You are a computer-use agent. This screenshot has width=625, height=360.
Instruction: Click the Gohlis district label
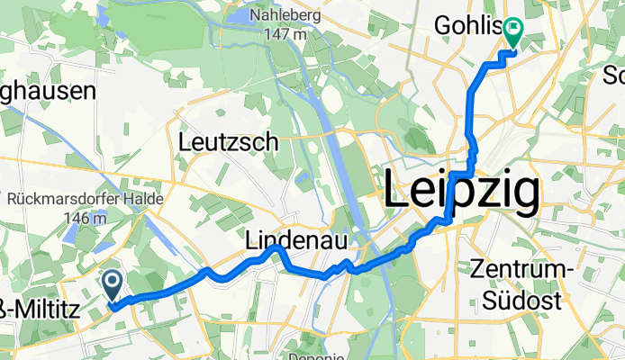[466, 25]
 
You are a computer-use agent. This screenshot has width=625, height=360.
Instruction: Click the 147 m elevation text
[279, 34]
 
